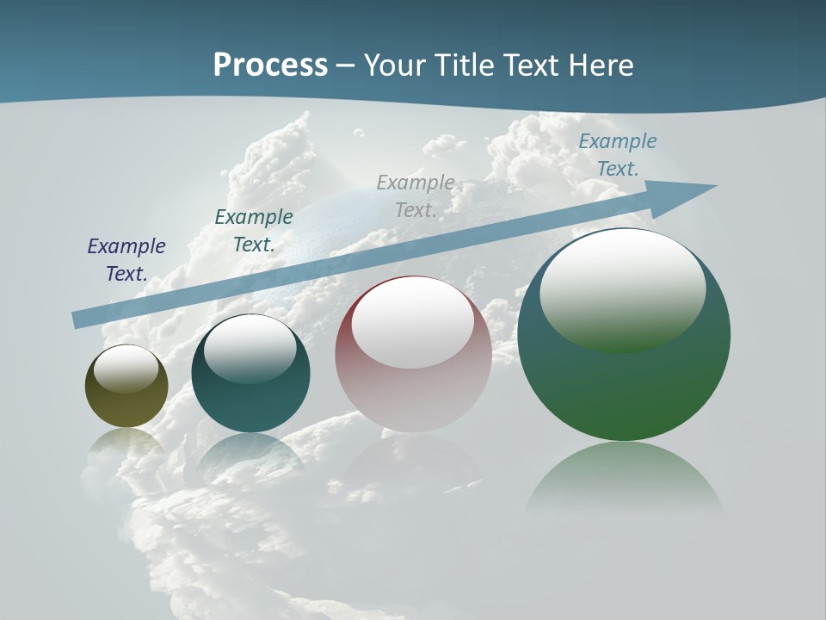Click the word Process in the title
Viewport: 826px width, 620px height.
pyautogui.click(x=270, y=65)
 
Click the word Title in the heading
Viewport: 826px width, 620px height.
pyautogui.click(x=464, y=65)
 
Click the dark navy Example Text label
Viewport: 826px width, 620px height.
pyautogui.click(x=126, y=260)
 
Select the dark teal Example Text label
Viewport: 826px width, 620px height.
pyautogui.click(x=254, y=231)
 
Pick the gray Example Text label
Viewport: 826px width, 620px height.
pyautogui.click(x=416, y=196)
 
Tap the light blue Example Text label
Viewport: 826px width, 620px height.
pyautogui.click(x=617, y=155)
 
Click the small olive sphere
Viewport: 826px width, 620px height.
pyautogui.click(x=126, y=405)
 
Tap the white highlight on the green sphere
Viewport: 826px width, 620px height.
pyautogui.click(x=622, y=288)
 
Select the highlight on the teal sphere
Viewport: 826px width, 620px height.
pyautogui.click(x=250, y=350)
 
